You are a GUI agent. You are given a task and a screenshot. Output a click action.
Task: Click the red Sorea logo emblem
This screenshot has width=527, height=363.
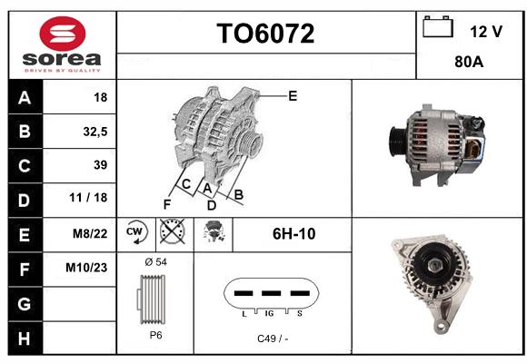coord(63,34)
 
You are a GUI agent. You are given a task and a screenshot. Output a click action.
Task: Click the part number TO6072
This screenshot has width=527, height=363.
coord(265,34)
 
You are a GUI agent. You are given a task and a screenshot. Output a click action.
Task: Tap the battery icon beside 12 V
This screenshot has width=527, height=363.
coord(438,26)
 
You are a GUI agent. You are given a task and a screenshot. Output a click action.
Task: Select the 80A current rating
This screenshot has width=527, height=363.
coord(469,62)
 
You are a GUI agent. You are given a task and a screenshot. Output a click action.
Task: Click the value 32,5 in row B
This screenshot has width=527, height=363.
coord(95,132)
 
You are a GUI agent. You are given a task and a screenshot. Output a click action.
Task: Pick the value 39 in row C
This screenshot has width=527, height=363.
coord(101,165)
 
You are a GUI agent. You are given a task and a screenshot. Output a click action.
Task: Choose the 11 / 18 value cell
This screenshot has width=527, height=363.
coord(88,198)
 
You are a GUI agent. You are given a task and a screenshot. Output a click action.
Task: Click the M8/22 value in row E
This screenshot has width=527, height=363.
coord(90,233)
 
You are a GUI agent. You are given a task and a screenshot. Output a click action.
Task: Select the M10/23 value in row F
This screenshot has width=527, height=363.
coord(86,268)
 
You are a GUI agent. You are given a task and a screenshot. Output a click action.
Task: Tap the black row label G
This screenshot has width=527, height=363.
coord(25,304)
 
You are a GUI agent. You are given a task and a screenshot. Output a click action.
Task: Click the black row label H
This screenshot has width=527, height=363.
coord(25,338)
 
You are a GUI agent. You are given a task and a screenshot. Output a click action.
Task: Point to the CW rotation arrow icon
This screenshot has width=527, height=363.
coord(136,232)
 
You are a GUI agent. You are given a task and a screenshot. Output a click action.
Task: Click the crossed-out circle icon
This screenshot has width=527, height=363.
coord(173,231)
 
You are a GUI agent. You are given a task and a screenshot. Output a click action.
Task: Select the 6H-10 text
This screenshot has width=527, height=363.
coord(293,234)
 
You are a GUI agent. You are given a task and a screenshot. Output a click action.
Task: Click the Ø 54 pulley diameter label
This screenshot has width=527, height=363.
coord(156,262)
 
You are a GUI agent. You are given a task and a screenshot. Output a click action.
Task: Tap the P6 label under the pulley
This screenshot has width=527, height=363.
coord(155,335)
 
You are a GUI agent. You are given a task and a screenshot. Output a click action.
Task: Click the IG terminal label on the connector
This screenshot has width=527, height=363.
coord(269,314)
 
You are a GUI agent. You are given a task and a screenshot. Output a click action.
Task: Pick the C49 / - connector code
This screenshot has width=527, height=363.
coord(273,338)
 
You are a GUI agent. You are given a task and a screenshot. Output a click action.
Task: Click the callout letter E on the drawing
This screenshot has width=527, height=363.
coord(293,96)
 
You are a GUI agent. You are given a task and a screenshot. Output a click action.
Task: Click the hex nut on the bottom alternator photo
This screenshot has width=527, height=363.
coord(433,266)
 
